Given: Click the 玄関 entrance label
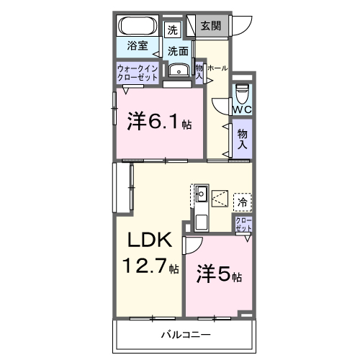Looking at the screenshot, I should point(211,26).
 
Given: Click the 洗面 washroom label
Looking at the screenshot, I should point(178,51).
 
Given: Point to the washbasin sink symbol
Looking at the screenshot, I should point(177,70).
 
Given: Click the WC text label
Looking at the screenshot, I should point(241,110).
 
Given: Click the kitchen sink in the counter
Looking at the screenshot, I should point(202,193).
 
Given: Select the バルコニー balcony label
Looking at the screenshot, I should point(185,336).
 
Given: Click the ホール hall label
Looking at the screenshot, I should point(217,68).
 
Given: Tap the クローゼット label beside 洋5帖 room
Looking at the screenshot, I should point(243,225).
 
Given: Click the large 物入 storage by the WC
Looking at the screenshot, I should point(243,138).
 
